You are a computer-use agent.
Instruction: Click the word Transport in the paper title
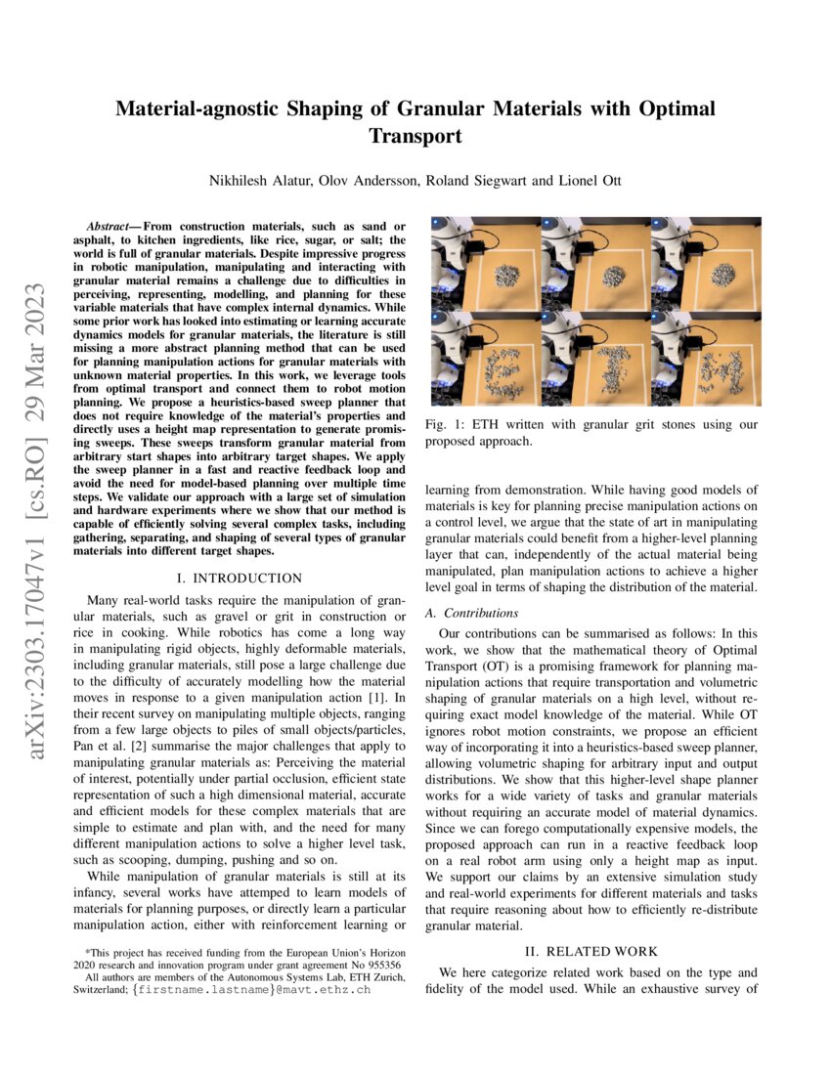click(415, 136)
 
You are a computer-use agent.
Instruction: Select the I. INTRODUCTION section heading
click(240, 579)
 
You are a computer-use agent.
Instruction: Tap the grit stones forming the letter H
click(722, 371)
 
